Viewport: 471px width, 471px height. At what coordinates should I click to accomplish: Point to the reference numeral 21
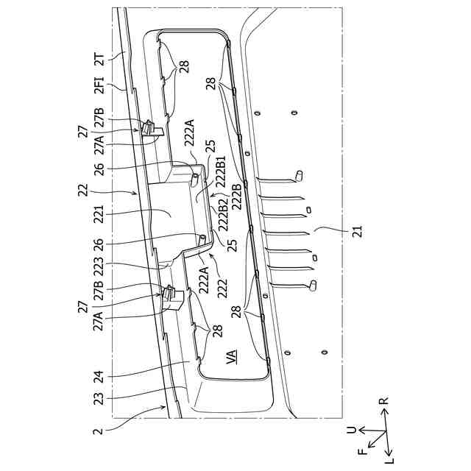(358, 233)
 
